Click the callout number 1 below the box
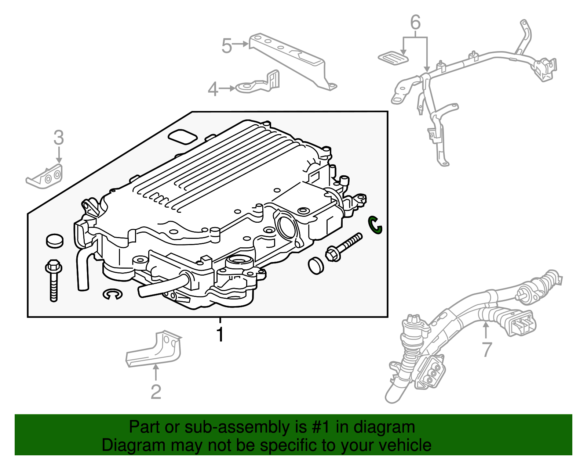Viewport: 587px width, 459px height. click(220, 334)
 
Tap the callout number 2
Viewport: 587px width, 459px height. click(156, 392)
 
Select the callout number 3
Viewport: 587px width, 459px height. click(59, 138)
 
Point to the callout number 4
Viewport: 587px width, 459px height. click(213, 89)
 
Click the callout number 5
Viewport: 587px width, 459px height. click(227, 46)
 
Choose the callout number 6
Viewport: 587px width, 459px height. click(415, 23)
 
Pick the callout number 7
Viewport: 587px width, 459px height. click(486, 349)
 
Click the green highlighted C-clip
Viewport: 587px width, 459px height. click(375, 225)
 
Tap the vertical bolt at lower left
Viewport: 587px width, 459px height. click(54, 281)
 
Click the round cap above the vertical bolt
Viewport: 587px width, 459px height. click(55, 240)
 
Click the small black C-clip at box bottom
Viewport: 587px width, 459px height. click(112, 294)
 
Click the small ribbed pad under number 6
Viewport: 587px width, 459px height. click(393, 58)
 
